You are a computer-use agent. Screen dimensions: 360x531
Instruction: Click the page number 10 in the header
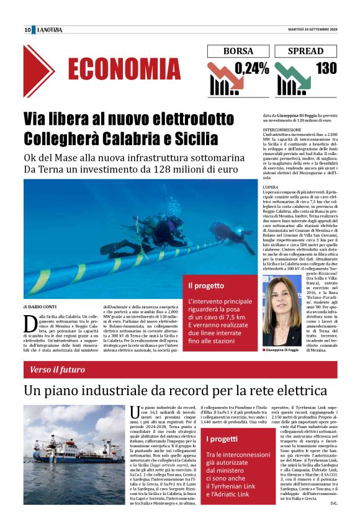click(27, 30)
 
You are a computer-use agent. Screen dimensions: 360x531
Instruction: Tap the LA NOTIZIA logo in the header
click(50, 30)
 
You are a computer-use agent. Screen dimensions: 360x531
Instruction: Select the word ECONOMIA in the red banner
click(124, 70)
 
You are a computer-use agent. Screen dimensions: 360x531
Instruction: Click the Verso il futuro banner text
click(54, 370)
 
